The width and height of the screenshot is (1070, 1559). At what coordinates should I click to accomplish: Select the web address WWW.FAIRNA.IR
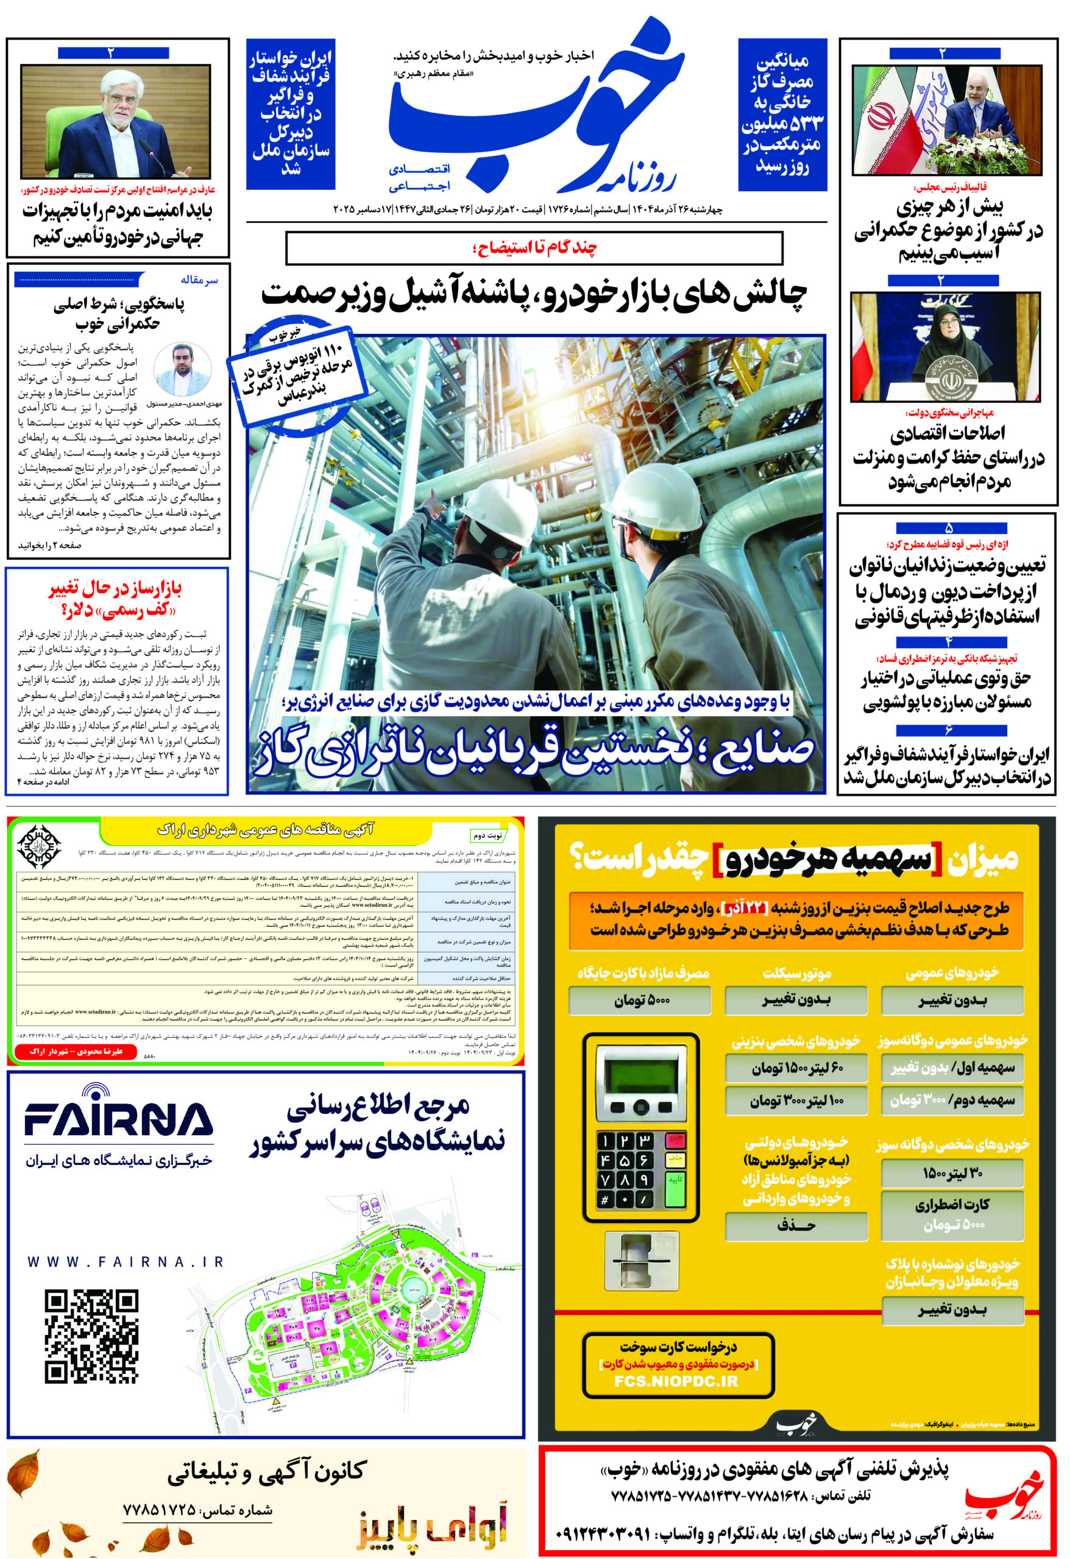coord(126,1262)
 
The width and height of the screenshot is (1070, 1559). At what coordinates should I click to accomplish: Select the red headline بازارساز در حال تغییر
coord(115,600)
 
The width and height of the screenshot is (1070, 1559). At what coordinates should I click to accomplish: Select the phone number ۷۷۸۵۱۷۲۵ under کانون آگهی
coord(159,1510)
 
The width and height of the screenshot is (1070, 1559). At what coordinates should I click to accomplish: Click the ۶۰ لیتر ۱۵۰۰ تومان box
coord(797,1068)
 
